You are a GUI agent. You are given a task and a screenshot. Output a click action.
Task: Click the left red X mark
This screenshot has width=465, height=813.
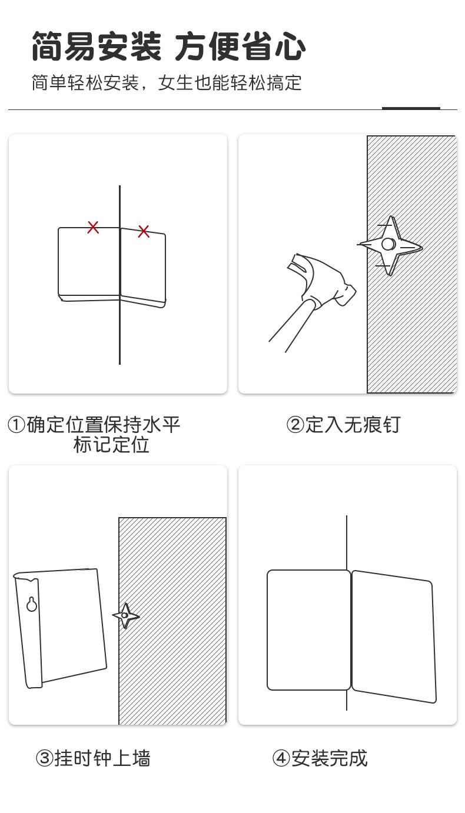pyautogui.click(x=93, y=227)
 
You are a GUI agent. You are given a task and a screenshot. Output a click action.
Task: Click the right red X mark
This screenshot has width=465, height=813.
pyautogui.click(x=144, y=231)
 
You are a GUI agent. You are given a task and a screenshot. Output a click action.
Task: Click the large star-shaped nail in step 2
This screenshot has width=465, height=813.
pyautogui.click(x=389, y=244)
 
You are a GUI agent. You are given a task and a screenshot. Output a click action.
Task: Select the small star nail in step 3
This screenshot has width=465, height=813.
pyautogui.click(x=125, y=615)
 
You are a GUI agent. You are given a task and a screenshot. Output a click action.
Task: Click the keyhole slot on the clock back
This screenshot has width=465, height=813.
pyautogui.click(x=32, y=604)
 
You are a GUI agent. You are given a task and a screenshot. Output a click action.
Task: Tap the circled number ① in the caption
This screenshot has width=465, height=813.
pyautogui.click(x=16, y=425)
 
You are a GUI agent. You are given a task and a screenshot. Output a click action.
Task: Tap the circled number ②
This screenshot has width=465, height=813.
pyautogui.click(x=295, y=425)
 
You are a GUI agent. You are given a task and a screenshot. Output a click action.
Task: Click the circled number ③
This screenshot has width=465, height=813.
pyautogui.click(x=44, y=758)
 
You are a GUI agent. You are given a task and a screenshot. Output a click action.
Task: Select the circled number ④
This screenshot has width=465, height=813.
pyautogui.click(x=281, y=758)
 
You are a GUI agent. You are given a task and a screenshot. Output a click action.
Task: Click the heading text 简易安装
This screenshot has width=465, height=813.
pyautogui.click(x=96, y=46)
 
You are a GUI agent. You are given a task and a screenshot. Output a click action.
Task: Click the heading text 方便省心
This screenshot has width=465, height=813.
pyautogui.click(x=240, y=46)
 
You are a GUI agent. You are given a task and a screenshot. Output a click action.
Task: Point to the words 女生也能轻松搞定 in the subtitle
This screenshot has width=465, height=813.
pyautogui.click(x=230, y=83)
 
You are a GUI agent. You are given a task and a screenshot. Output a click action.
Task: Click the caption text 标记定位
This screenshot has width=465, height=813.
pyautogui.click(x=111, y=445)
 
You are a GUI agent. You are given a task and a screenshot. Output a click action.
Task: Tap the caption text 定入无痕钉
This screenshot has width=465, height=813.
pyautogui.click(x=352, y=425)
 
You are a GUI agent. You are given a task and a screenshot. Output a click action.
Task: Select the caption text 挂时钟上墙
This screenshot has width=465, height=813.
pyautogui.click(x=102, y=758)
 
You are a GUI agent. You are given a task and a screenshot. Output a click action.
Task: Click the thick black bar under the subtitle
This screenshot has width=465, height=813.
pyautogui.click(x=411, y=108)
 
